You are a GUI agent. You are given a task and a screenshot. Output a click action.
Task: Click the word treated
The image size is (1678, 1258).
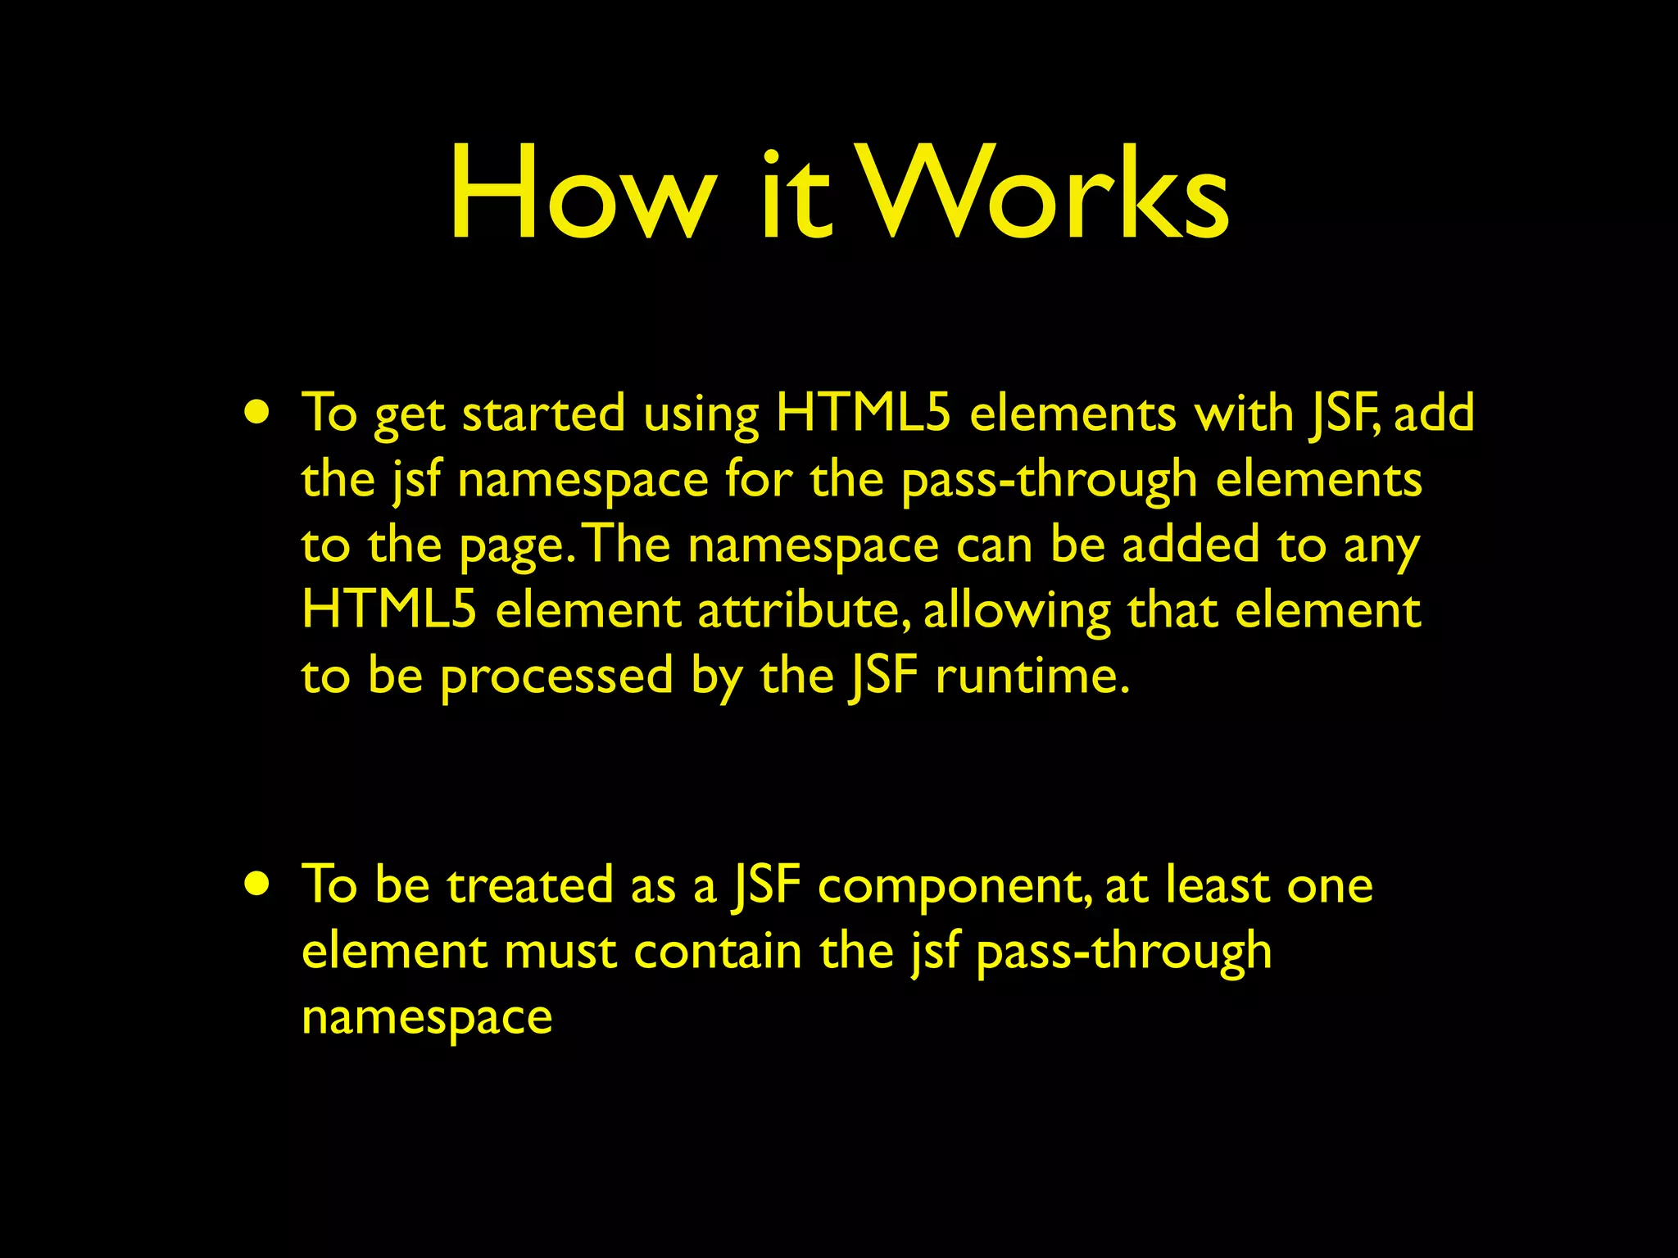pyautogui.click(x=530, y=885)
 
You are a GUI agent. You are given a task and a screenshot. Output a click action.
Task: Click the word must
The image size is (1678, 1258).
pyautogui.click(x=560, y=953)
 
